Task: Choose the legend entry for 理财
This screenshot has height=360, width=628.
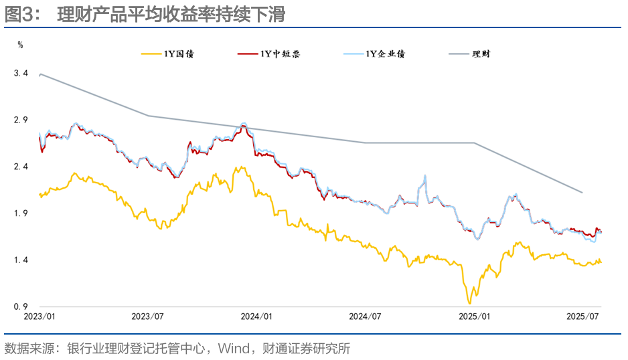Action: [x=481, y=54]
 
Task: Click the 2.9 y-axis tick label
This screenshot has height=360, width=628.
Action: [x=21, y=120]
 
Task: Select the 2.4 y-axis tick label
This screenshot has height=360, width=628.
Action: [x=21, y=167]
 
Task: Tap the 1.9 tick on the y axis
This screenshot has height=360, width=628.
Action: [x=21, y=213]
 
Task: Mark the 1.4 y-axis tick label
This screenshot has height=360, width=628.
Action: [x=21, y=260]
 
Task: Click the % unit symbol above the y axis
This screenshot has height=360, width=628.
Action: [x=20, y=45]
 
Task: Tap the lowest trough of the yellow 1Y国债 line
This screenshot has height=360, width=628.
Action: [x=469, y=303]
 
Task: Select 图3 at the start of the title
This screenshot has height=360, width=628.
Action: [x=15, y=15]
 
